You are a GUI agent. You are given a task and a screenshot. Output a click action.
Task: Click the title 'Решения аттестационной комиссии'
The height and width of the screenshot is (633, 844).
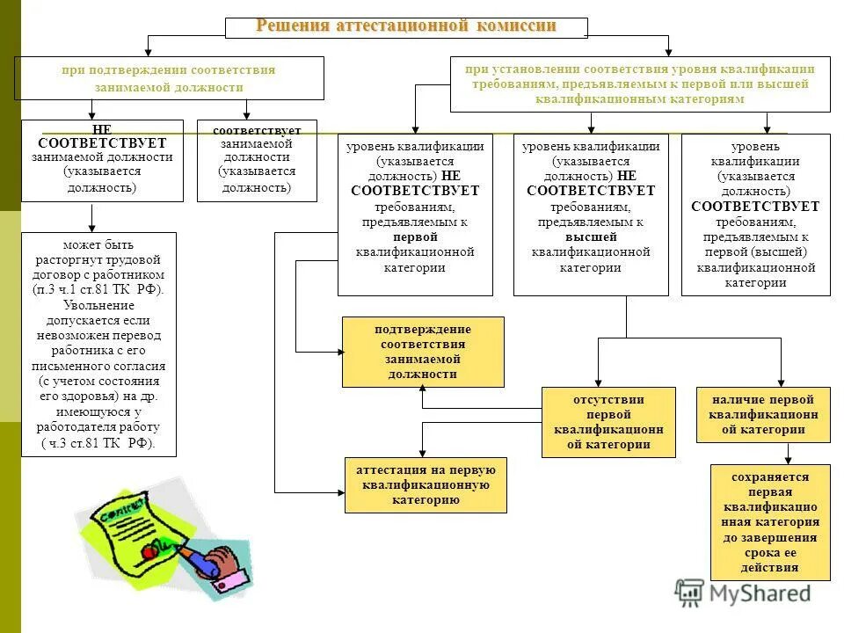pos(406,26)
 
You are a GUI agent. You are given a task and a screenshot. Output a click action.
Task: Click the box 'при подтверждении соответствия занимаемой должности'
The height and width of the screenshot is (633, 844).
pos(169,78)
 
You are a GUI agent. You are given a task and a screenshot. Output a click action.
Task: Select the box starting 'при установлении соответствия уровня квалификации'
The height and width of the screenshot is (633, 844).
pos(640,84)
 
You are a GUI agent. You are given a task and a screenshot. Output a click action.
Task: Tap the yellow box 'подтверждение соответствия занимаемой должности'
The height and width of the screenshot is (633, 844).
pos(423,352)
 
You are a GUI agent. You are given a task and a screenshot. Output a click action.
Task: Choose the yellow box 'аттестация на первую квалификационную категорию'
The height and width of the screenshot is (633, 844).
pos(426,484)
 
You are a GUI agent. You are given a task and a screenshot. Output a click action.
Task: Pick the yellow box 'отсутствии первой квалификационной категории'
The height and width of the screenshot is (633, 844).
pos(608,422)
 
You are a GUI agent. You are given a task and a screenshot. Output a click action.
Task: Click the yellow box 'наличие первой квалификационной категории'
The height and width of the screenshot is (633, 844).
pos(763,414)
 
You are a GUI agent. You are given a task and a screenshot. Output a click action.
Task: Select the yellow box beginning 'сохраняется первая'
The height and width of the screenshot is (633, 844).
pos(770,522)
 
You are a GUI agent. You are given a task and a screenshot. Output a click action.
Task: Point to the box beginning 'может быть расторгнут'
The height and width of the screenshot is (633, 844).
pos(98,344)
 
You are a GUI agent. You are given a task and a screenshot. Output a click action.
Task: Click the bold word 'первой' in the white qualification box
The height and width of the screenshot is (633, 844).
pos(415,237)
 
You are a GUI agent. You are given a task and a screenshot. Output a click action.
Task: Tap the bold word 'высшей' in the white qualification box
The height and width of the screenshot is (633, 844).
pos(591,237)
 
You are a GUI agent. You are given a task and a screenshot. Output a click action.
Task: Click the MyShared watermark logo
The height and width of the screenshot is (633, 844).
pos(743,593)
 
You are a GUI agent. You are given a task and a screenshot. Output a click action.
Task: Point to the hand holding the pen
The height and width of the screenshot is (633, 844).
pos(225,565)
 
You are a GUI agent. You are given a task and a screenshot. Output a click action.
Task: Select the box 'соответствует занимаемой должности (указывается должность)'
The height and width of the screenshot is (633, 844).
pos(257,160)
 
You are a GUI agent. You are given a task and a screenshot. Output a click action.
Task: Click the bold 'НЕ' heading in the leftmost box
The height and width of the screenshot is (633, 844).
pos(102,128)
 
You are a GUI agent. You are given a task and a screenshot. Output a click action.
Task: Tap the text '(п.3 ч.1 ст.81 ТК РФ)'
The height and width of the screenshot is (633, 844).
pos(98,289)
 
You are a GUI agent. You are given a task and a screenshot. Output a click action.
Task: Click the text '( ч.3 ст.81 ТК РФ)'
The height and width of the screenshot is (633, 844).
pos(98,443)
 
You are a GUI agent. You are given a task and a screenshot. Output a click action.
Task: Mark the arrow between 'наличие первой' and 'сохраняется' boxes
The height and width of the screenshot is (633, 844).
pos(788,453)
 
